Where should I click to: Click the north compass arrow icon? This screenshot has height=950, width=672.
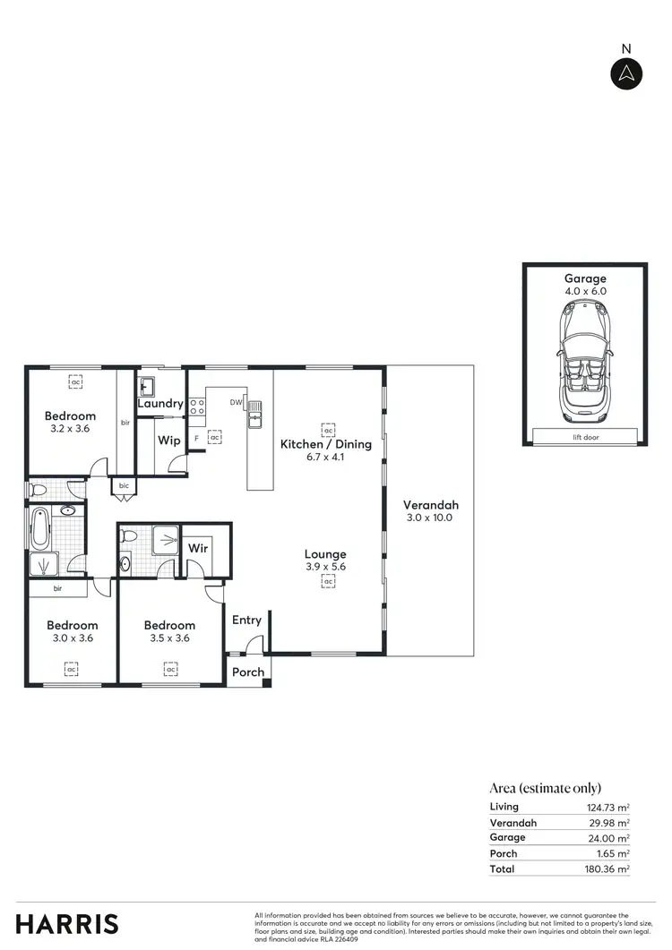click(x=626, y=73)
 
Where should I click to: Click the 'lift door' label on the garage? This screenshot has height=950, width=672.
click(x=584, y=437)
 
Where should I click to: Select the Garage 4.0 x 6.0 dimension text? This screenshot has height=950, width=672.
click(x=584, y=291)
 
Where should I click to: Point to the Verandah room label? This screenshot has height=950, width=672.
click(x=430, y=503)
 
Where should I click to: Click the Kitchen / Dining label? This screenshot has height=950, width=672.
click(x=325, y=444)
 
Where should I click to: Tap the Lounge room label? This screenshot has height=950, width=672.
click(x=324, y=554)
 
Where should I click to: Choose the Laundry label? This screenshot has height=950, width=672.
click(x=160, y=404)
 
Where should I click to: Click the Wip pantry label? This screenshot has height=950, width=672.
click(x=168, y=441)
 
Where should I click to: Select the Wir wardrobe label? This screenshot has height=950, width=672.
click(x=198, y=546)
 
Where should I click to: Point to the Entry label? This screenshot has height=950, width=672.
click(x=246, y=620)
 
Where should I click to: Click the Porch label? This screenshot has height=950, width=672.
click(x=248, y=672)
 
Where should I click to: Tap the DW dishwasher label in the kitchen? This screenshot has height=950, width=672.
click(x=236, y=403)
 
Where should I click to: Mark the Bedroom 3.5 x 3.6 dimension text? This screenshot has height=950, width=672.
click(x=169, y=638)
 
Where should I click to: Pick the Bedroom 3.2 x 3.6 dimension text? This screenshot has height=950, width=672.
click(x=71, y=429)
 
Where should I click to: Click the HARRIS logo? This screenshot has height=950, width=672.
click(x=67, y=924)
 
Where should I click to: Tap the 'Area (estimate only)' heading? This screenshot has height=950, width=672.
click(x=545, y=788)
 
